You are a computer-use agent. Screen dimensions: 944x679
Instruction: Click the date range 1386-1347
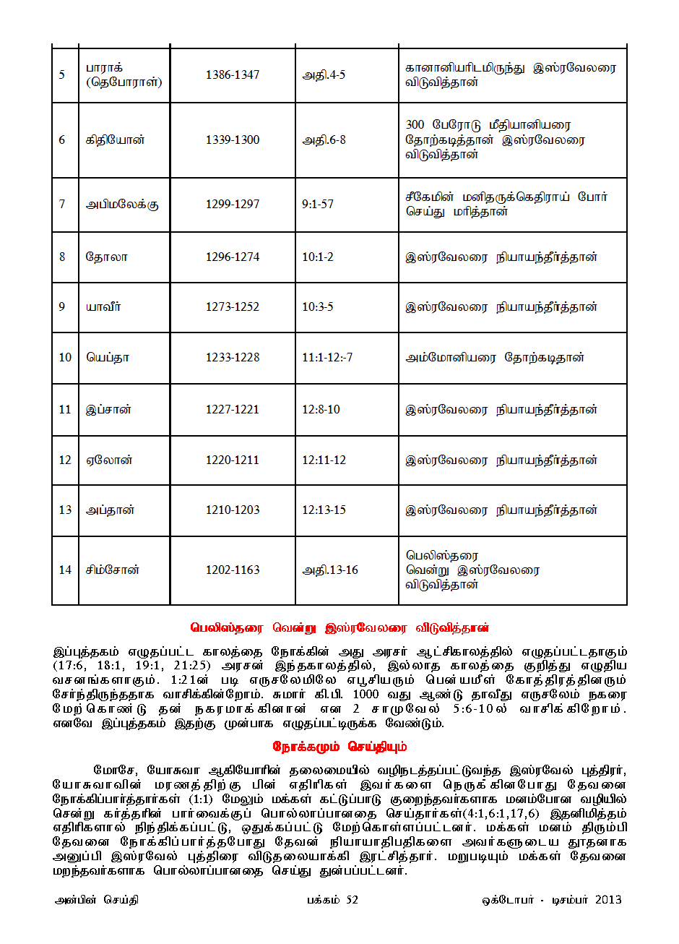coord(232,74)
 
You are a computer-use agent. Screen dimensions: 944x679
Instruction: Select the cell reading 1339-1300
coord(232,140)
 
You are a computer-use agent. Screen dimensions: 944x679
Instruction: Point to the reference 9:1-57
coord(318,204)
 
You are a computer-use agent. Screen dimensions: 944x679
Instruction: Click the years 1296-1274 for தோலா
coord(232,257)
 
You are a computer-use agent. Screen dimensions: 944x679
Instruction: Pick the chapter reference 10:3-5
coord(318,306)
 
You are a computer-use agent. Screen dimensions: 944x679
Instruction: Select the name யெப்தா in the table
coord(108,357)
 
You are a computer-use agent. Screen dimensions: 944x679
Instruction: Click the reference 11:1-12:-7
coord(327,357)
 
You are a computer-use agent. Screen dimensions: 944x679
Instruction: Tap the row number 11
coord(65,409)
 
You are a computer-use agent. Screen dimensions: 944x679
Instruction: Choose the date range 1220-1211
coord(232,460)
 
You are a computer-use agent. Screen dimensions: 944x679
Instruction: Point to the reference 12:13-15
coord(324,510)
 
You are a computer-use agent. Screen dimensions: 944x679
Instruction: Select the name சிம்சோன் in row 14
coord(113,570)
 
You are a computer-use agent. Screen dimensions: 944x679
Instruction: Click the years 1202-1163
coord(232,570)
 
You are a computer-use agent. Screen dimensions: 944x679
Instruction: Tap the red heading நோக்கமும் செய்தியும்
coord(339,746)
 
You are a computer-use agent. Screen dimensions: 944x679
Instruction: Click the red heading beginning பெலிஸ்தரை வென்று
coord(339,627)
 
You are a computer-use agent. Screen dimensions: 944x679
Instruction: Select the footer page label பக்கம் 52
coord(332,900)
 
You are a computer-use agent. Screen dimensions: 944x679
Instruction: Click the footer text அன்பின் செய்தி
coord(97,900)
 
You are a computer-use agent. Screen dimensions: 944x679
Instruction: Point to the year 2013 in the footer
coord(608,900)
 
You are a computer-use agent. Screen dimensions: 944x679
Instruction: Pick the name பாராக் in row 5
coord(105,68)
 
